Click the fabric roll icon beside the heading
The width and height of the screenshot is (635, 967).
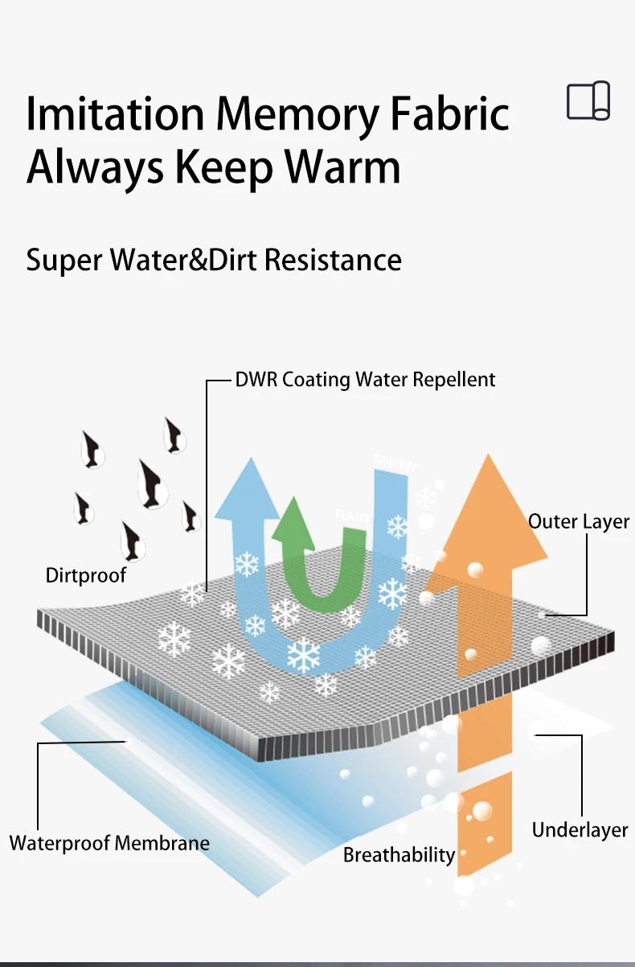click(588, 101)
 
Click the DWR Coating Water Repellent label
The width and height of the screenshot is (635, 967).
click(365, 379)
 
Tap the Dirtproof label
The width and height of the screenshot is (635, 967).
click(86, 575)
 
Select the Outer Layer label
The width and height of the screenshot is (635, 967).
click(579, 521)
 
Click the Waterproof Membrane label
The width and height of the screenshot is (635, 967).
click(109, 843)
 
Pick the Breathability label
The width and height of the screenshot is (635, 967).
click(399, 854)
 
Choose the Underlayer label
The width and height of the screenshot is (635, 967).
click(580, 829)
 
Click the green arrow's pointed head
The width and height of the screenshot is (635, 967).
click(295, 515)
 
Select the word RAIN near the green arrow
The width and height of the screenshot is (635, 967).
click(351, 515)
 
